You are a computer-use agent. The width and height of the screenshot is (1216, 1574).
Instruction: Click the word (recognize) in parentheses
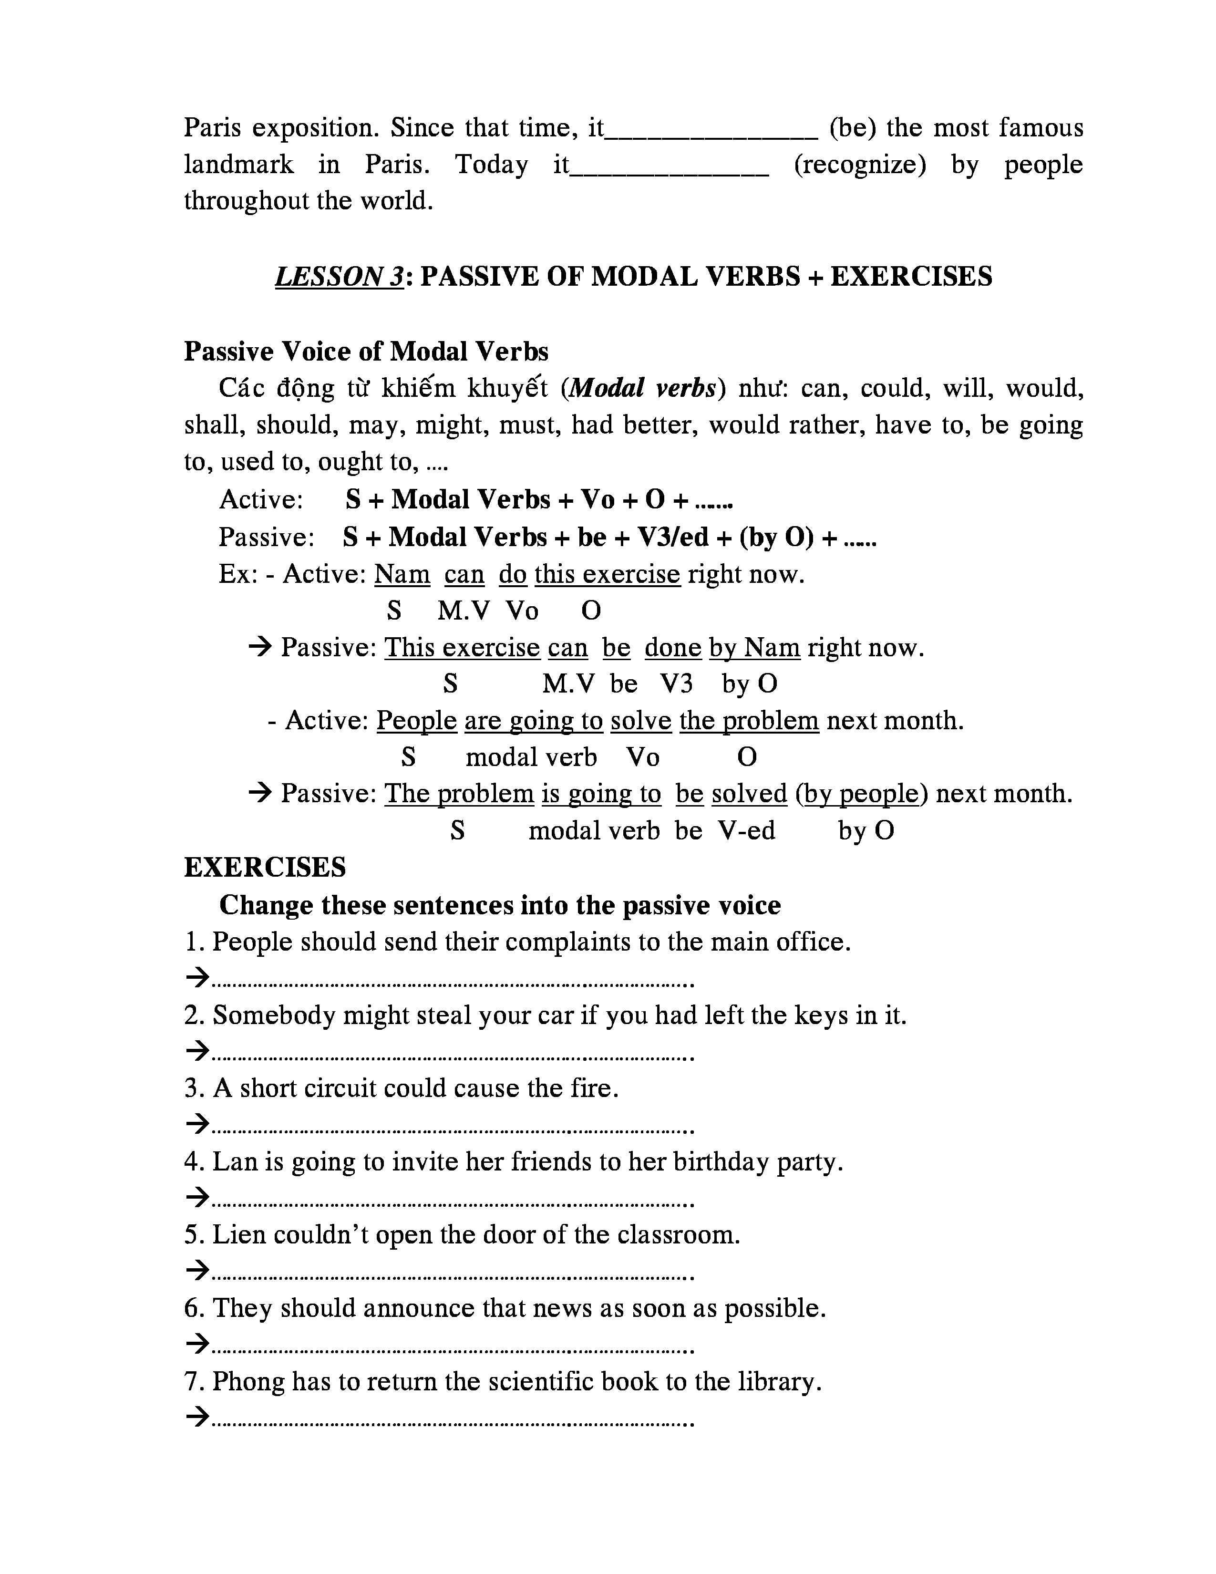[859, 165]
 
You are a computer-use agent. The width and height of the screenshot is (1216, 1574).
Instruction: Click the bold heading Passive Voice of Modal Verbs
[366, 352]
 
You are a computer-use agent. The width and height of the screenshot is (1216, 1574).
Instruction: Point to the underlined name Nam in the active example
[402, 574]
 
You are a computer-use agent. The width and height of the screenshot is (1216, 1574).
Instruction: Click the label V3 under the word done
[677, 683]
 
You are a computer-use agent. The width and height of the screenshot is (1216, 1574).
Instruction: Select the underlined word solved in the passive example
[749, 794]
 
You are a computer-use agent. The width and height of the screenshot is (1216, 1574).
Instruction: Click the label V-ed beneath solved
[746, 831]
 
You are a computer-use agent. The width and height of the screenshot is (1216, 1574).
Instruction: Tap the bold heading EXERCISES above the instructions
[265, 867]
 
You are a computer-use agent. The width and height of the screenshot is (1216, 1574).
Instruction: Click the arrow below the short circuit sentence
[196, 1124]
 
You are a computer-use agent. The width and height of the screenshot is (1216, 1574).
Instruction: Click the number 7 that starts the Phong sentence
[191, 1382]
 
